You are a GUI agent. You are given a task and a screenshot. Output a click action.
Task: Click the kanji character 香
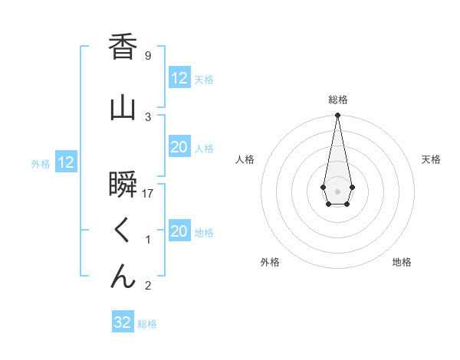[123, 47]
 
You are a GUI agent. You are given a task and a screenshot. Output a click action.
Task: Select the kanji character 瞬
[123, 185]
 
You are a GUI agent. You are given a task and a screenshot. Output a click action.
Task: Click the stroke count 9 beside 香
[148, 56]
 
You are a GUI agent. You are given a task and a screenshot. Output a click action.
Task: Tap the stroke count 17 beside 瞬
[149, 194]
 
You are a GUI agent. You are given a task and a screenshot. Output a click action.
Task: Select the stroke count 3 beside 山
[148, 116]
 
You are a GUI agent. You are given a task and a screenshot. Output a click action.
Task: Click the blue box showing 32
[123, 322]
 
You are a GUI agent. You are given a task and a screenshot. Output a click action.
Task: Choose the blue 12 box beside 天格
[179, 78]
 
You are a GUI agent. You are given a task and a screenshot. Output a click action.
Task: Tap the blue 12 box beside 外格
[66, 162]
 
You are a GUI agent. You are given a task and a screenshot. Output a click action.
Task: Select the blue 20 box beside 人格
[179, 147]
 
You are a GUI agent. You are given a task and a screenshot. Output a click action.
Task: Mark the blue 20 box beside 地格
[179, 231]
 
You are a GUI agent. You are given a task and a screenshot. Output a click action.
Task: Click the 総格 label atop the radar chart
[337, 100]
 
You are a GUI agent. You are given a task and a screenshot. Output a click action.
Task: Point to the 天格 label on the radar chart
[431, 159]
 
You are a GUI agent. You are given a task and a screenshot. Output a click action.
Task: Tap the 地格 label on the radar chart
[402, 262]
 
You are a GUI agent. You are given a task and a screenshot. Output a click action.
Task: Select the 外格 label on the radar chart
[270, 262]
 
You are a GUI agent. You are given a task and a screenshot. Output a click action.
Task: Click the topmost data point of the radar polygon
[337, 116]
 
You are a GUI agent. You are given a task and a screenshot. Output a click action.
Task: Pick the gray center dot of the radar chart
[337, 190]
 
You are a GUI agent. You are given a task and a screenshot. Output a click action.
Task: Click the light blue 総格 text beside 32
[147, 324]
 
